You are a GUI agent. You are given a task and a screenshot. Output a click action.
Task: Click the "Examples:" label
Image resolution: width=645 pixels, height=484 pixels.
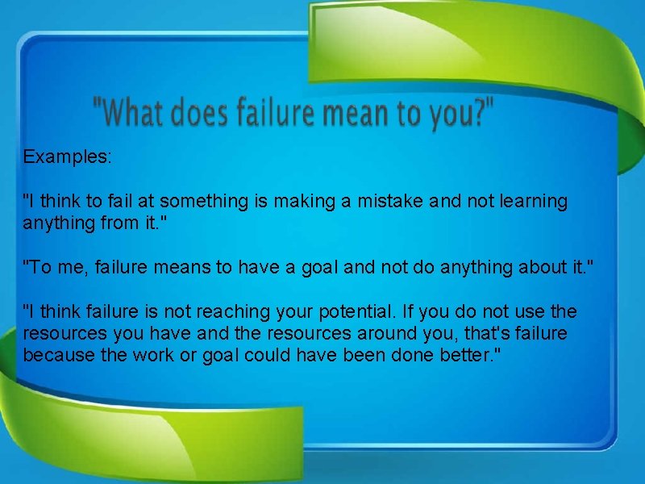(x=68, y=156)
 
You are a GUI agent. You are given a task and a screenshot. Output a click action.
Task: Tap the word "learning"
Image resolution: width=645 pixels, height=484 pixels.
(x=530, y=201)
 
